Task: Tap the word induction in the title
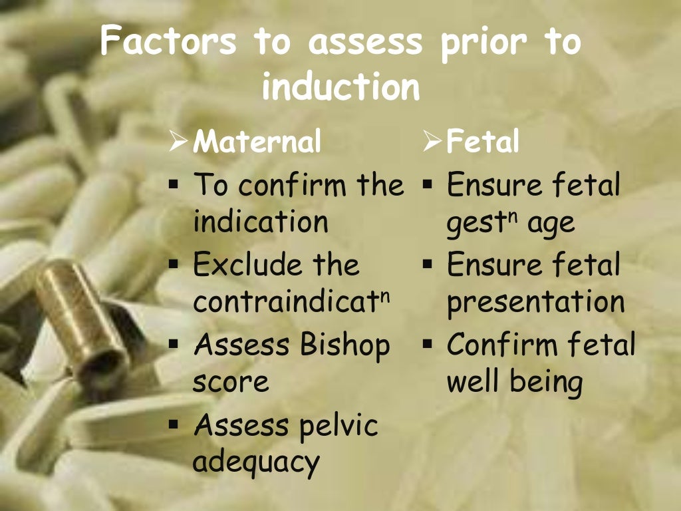pyautogui.click(x=340, y=87)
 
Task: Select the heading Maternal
pyautogui.click(x=257, y=142)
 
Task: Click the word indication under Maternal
pyautogui.click(x=261, y=222)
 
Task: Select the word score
pyautogui.click(x=231, y=383)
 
